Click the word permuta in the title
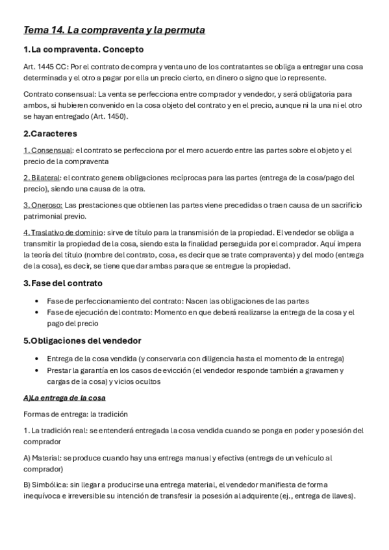186,30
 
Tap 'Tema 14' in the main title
42,30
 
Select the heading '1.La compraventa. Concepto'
83,49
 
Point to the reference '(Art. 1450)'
108,116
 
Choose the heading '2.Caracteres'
49,134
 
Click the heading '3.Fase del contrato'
62,283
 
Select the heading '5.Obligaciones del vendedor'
82,341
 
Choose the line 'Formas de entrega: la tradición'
75,414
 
